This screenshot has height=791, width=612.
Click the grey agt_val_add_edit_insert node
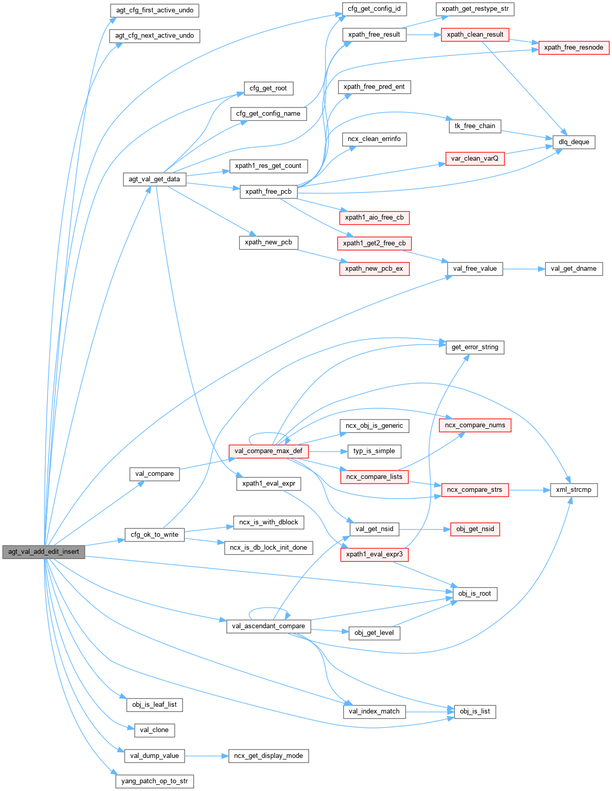(43, 551)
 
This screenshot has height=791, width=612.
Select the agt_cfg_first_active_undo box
(155, 10)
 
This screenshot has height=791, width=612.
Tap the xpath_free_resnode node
(573, 48)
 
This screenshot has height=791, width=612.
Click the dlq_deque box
(574, 142)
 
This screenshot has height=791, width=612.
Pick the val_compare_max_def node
(268, 451)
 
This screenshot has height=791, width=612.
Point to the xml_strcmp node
(574, 490)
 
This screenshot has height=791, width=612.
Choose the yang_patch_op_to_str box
(155, 781)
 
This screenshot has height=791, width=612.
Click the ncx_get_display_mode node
(268, 756)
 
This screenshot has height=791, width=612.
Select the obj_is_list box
(475, 711)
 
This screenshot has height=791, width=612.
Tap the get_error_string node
(475, 347)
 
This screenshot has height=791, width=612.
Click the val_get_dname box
(574, 269)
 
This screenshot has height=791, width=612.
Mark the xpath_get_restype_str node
(475, 9)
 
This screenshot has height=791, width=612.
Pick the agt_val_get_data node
(154, 179)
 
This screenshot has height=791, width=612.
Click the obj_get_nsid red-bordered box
(475, 529)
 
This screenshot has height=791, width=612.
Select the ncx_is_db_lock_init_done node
(268, 548)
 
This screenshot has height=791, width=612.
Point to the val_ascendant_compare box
(268, 626)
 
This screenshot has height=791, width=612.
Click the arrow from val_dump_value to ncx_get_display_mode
(207, 756)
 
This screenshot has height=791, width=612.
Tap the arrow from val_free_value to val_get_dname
(524, 269)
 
